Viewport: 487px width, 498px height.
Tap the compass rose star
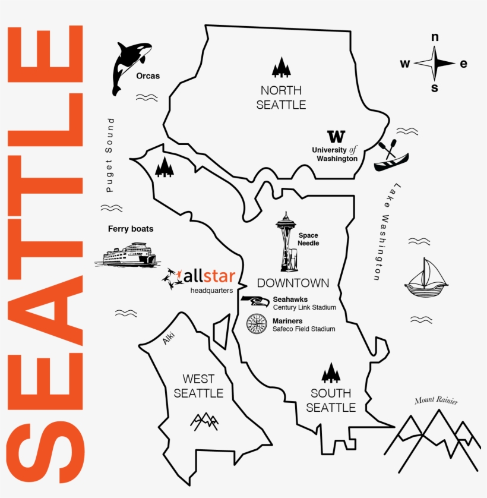435,63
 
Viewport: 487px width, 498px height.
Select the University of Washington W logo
336,136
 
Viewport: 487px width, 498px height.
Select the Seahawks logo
255,301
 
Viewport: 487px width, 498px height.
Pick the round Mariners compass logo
257,323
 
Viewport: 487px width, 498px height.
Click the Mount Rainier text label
437,401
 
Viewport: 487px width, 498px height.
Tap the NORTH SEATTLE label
281,97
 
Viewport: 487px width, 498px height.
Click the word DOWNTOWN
293,283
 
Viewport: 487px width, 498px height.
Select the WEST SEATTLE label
198,386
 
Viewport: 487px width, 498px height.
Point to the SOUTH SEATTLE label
331,400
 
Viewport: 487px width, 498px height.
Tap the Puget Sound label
110,155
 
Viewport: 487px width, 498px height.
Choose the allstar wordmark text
210,276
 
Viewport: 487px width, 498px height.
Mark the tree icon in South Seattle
331,374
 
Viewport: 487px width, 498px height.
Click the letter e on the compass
464,64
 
